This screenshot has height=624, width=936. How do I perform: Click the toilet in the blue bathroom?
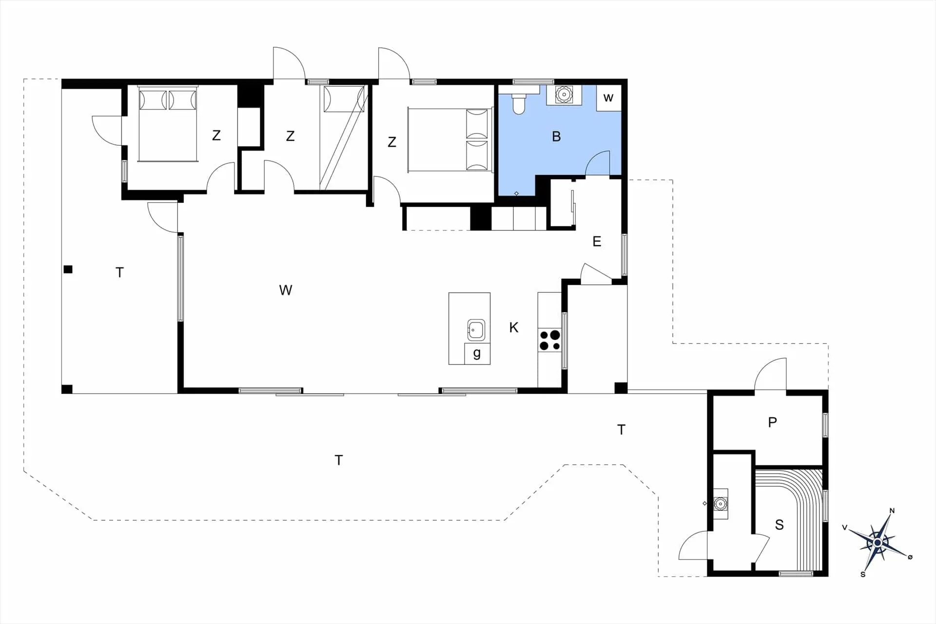coord(519,101)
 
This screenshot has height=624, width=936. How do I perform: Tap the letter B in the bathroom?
coord(556,137)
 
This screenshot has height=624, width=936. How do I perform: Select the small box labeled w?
coord(609,98)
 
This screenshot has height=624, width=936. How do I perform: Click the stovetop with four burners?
coord(550,340)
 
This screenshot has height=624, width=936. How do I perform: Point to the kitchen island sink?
coord(476,330)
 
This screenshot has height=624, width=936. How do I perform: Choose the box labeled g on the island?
coord(477,353)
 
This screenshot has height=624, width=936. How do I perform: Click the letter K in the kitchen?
coord(514,328)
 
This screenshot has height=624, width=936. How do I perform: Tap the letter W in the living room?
coord(286,291)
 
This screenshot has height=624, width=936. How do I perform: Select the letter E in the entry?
coord(597,242)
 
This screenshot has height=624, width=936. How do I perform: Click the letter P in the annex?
coord(772,422)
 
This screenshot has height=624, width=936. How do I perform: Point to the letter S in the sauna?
coord(780,525)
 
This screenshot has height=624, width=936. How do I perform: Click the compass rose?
coord(877,543)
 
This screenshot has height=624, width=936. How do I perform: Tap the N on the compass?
coord(892,511)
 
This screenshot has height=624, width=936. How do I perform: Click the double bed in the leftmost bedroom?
coord(168,124)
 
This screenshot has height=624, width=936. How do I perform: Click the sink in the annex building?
coord(720,504)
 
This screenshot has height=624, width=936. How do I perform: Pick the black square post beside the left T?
coord(68,269)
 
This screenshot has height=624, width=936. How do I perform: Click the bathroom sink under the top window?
coord(564,95)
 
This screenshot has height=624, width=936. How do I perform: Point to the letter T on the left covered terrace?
coord(120,273)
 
